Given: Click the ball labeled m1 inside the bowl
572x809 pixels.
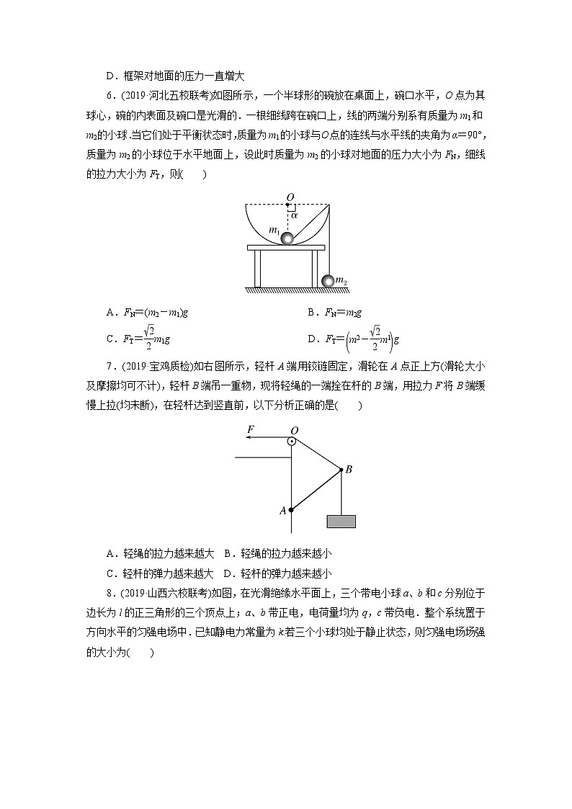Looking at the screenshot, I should (287, 238).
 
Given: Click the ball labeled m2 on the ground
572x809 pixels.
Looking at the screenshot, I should (329, 281).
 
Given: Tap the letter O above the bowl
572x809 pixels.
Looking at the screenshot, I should (290, 196).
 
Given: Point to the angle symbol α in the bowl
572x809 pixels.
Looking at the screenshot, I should (294, 214).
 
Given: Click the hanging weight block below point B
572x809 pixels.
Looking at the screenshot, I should (341, 521).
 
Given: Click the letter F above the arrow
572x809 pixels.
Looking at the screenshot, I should (250, 429).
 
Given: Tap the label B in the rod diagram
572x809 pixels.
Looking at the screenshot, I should (349, 470).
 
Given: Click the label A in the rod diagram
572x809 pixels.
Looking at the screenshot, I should (282, 510).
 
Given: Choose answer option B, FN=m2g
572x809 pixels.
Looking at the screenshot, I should (334, 313).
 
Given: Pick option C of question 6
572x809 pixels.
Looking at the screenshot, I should (141, 337).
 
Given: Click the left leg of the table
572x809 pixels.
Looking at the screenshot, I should (257, 268).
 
